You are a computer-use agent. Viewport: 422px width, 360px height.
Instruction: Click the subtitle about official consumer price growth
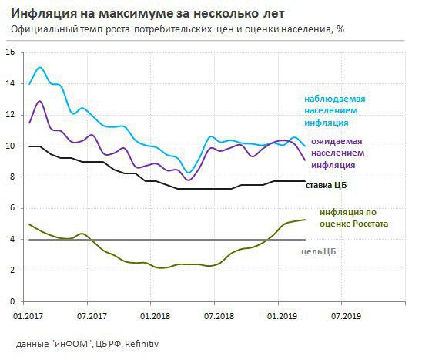[177, 29]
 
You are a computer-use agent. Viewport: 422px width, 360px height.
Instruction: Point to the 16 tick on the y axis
[11, 52]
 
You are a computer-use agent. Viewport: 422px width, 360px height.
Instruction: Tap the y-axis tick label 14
[11, 83]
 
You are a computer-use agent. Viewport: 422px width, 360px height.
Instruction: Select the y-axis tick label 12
[11, 115]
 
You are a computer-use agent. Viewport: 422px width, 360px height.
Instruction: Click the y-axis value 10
[11, 146]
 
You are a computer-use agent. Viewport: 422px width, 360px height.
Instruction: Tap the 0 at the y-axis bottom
[13, 301]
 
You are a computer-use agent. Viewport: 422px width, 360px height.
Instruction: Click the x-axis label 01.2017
[28, 316]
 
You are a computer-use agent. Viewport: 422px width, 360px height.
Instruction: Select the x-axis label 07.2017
[92, 316]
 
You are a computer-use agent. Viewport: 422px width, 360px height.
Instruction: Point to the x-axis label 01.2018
[156, 316]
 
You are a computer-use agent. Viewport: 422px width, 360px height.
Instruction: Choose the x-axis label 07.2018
[219, 316]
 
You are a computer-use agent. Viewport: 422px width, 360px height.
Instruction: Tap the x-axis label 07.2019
[347, 316]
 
